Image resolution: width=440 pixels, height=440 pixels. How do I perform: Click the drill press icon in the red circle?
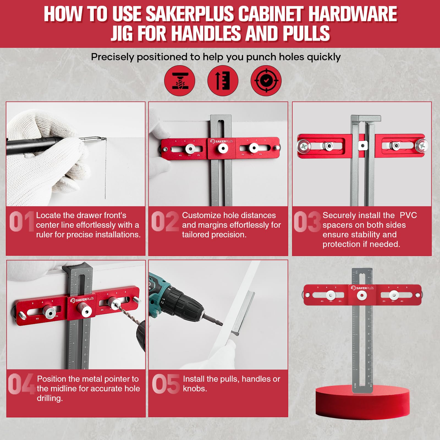(x=180, y=81)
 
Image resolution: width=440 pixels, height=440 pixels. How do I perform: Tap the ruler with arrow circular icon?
(x=223, y=81)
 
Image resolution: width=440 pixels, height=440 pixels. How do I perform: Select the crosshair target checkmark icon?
(x=266, y=81)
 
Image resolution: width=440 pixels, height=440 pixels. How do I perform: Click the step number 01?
(x=21, y=222)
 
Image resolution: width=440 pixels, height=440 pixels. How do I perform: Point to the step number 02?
(x=165, y=222)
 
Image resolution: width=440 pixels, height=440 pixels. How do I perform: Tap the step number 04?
(x=21, y=384)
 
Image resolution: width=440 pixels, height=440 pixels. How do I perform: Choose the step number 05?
(x=166, y=384)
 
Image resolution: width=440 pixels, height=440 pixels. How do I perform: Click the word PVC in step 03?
(x=408, y=215)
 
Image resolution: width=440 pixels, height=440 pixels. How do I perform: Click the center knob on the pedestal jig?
(x=362, y=296)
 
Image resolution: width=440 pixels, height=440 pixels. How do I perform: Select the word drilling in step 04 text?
(x=50, y=398)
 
